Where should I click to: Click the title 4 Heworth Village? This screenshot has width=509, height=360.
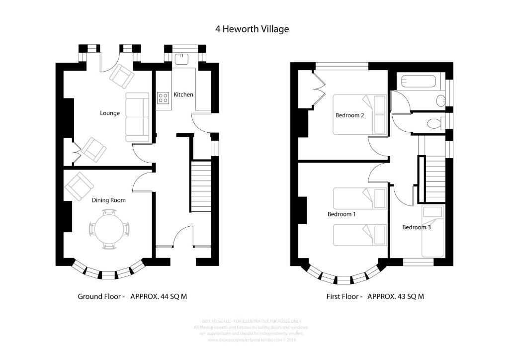(x=252, y=29)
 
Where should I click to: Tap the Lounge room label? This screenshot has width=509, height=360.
(x=110, y=113)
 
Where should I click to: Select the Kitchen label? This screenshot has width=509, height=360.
(x=183, y=94)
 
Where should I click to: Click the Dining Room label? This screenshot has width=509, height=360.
(x=108, y=200)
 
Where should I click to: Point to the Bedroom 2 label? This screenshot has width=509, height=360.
(x=350, y=115)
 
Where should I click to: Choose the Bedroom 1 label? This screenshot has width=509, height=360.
(x=341, y=214)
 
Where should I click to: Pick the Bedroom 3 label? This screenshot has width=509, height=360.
(x=416, y=227)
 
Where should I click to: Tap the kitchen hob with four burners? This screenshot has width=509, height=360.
(x=163, y=98)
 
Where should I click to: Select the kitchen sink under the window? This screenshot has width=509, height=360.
(x=182, y=58)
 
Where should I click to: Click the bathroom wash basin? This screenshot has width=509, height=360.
(x=440, y=101)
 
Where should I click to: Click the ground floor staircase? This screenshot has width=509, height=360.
(x=201, y=186)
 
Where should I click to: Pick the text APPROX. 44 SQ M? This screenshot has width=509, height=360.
(x=159, y=296)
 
